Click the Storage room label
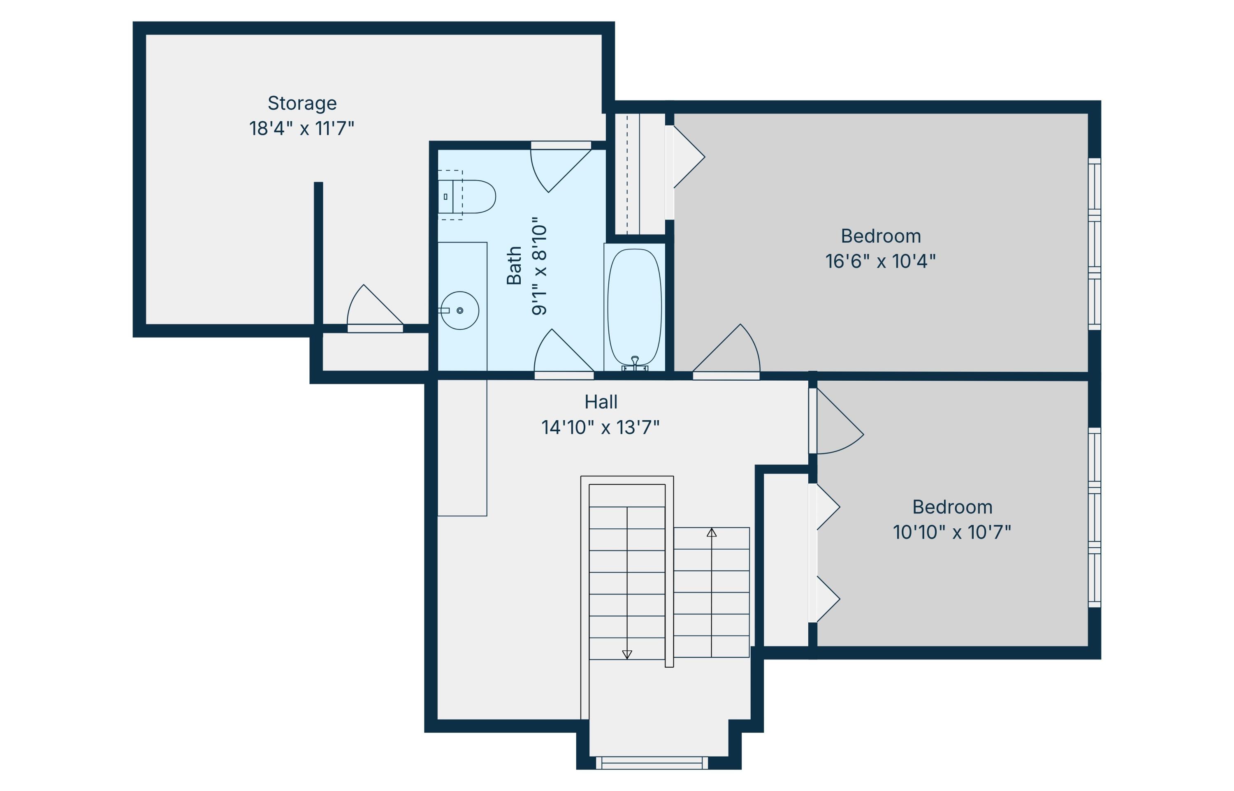point(302,104)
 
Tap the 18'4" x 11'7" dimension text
point(302,128)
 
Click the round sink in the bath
point(460,311)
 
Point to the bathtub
point(634,307)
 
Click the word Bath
point(514,266)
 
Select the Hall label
point(601,402)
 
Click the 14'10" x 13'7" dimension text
point(601,427)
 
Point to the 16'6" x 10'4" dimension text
point(881,261)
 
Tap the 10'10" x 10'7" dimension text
point(952,532)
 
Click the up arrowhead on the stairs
point(712,533)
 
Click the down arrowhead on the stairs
point(627,655)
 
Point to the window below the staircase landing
point(652,763)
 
